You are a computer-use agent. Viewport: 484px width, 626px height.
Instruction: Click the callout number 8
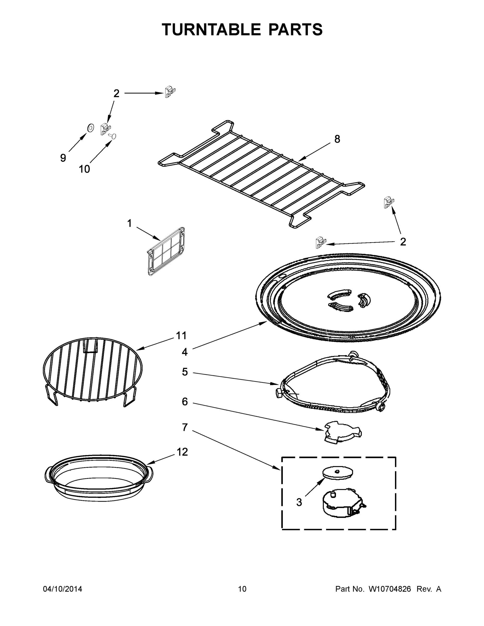pyautogui.click(x=337, y=139)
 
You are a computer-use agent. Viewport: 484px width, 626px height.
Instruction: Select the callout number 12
pyautogui.click(x=182, y=452)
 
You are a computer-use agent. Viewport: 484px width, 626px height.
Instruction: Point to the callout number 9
pyautogui.click(x=63, y=158)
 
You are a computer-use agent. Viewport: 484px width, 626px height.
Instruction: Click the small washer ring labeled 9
pyautogui.click(x=90, y=127)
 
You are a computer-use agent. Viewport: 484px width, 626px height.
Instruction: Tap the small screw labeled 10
pyautogui.click(x=113, y=136)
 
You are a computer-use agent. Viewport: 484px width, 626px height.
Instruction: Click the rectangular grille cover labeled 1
pyautogui.click(x=166, y=252)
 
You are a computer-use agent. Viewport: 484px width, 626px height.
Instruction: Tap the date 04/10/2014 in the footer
pyautogui.click(x=63, y=589)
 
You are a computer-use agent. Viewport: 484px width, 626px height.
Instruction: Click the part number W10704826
pyautogui.click(x=390, y=589)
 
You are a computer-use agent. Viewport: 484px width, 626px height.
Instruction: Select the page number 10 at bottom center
pyautogui.click(x=242, y=589)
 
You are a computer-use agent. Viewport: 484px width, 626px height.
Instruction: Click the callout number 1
pyautogui.click(x=129, y=223)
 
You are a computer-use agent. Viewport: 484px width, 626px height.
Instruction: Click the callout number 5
pyautogui.click(x=185, y=372)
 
